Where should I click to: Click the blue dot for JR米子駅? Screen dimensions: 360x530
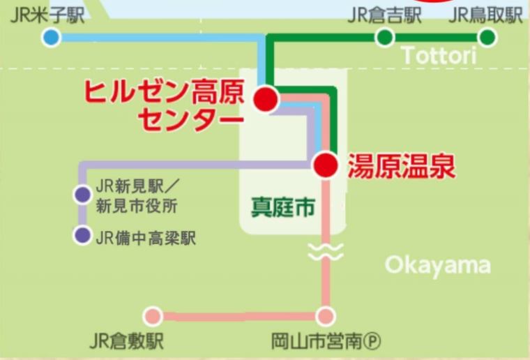click(50, 37)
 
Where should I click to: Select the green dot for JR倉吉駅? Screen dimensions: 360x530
click(384, 37)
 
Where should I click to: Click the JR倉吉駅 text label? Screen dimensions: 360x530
click(385, 16)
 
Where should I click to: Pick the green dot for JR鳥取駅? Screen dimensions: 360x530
click(487, 37)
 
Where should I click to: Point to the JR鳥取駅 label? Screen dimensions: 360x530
click(486, 16)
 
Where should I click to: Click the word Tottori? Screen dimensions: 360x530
click(439, 56)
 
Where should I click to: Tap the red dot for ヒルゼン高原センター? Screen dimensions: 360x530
click(266, 99)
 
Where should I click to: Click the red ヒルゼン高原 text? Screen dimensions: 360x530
click(165, 92)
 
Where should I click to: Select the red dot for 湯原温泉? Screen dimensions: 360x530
click(325, 165)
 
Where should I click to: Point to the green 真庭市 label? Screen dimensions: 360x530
click(282, 207)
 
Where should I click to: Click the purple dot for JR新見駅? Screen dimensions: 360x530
click(82, 195)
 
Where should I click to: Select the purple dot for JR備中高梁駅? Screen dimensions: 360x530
click(82, 236)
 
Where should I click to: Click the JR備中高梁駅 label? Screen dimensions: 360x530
click(146, 238)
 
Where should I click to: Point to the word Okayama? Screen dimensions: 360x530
click(437, 265)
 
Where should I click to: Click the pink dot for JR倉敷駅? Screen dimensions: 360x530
click(153, 316)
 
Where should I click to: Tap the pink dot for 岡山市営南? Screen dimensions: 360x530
click(325, 316)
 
